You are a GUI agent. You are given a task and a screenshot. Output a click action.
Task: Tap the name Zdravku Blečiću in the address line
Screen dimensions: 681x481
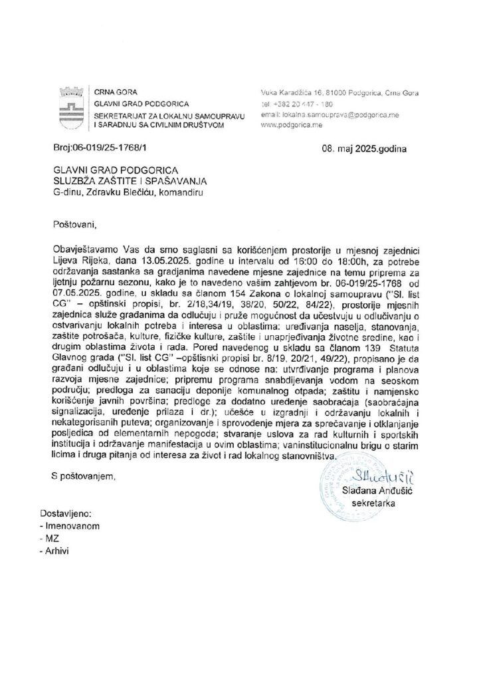pyautogui.click(x=120, y=193)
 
